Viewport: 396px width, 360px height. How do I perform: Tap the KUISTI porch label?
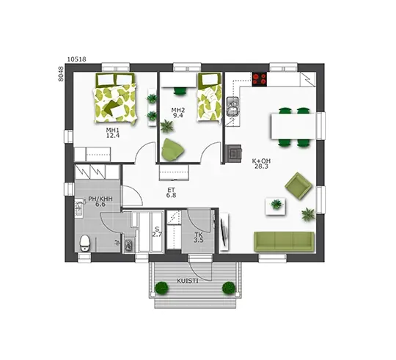[x=188, y=281]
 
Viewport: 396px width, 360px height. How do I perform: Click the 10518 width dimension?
[x=77, y=59]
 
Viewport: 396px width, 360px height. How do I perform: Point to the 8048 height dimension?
[x=60, y=74]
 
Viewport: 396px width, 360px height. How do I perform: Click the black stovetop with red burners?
[x=260, y=79]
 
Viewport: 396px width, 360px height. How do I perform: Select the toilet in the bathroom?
[x=84, y=243]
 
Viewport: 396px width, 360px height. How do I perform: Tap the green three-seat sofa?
[x=284, y=242]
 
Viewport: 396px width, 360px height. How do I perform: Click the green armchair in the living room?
[x=298, y=185]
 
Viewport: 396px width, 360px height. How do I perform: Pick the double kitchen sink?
[x=232, y=106]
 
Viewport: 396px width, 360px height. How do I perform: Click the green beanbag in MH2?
[x=172, y=150]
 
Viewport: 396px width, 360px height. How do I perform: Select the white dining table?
[x=293, y=126]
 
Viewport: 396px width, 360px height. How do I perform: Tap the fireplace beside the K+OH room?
[x=234, y=153]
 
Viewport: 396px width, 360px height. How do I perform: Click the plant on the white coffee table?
[x=276, y=204]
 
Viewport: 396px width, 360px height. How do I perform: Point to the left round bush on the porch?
[x=161, y=288]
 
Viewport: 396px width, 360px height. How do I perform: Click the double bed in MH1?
[x=115, y=98]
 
